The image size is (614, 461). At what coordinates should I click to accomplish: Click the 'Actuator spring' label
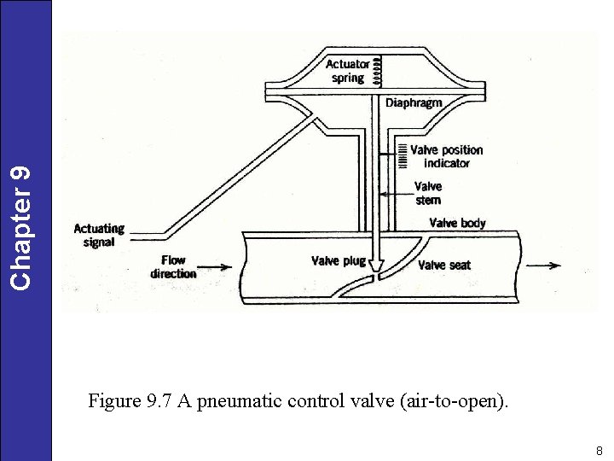347,71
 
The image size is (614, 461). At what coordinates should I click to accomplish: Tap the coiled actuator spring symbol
380,70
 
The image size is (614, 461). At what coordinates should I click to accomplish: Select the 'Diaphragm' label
414,103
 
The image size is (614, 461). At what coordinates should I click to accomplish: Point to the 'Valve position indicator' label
446,156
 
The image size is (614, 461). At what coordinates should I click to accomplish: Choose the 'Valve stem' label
428,193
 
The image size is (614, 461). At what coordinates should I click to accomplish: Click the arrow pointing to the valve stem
396,195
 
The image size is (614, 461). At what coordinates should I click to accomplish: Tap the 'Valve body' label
457,223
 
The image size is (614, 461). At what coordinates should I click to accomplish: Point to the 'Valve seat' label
443,266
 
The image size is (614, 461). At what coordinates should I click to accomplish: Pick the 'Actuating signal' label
99,235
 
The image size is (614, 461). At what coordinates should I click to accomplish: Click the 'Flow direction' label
173,266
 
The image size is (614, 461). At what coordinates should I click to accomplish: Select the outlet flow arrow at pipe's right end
543,266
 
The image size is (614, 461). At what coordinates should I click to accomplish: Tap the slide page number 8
599,450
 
